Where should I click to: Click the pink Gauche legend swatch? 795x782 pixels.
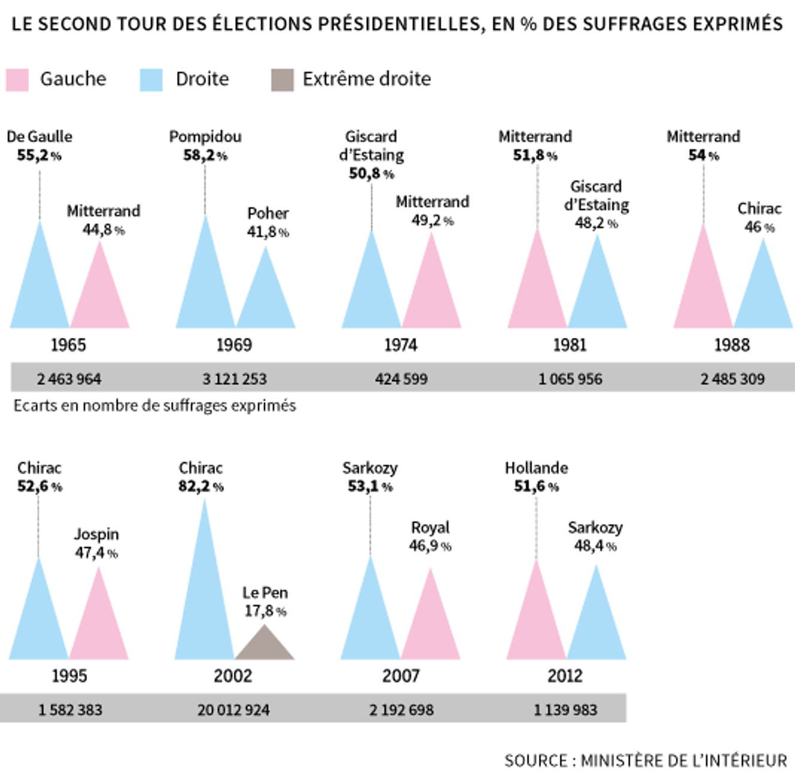(x=17, y=80)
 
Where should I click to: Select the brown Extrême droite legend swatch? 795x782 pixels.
(x=282, y=80)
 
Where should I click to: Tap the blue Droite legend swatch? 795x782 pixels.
(x=151, y=80)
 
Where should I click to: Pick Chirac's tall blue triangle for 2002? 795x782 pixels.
(x=205, y=605)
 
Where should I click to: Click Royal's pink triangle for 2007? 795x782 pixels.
(x=430, y=626)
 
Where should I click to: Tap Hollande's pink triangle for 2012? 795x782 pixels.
(x=536, y=623)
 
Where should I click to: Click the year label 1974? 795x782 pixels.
(x=400, y=345)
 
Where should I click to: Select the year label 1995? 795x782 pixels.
(x=69, y=676)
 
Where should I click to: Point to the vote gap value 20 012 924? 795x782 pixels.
(x=233, y=710)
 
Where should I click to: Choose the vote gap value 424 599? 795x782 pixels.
(x=401, y=379)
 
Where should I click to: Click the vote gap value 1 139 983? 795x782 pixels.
(x=565, y=710)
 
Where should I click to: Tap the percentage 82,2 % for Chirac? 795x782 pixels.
(x=201, y=486)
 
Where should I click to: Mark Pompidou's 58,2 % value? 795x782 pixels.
(x=205, y=156)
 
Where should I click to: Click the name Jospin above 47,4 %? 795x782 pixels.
(x=96, y=534)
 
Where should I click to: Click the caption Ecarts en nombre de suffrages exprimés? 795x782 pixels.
(x=154, y=406)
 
